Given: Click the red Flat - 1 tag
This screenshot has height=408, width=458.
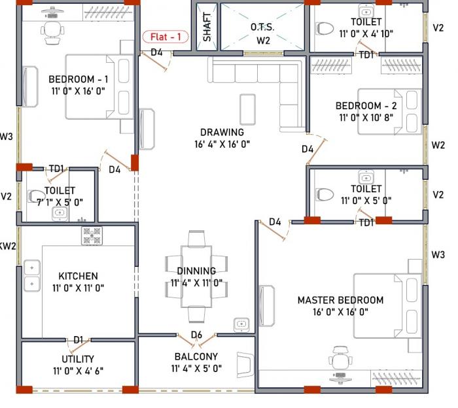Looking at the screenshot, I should click(166, 37).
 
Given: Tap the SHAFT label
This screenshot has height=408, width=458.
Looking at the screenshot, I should click(207, 27).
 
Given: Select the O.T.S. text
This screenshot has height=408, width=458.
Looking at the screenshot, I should click(262, 27).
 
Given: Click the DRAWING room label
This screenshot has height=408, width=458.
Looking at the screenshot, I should click(222, 132).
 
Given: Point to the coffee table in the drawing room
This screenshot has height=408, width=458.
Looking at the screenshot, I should click(247, 108).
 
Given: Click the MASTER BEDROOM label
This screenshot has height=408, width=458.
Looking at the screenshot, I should click(340, 300).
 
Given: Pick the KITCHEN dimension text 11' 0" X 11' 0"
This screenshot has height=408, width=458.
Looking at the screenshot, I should click(78, 288).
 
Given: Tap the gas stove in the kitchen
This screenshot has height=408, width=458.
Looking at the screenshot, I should click(92, 235).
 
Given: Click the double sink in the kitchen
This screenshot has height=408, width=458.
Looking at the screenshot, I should click(31, 275).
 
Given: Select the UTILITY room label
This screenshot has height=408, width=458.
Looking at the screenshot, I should click(78, 359).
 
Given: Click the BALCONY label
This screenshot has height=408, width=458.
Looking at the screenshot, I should click(196, 357).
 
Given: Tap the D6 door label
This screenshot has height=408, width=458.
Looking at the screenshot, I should click(196, 335).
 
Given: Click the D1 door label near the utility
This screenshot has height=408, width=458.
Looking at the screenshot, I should click(78, 340).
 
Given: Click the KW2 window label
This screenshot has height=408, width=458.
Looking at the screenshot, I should click(7, 246).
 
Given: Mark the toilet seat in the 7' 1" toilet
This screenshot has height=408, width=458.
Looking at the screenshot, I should click(35, 195).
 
